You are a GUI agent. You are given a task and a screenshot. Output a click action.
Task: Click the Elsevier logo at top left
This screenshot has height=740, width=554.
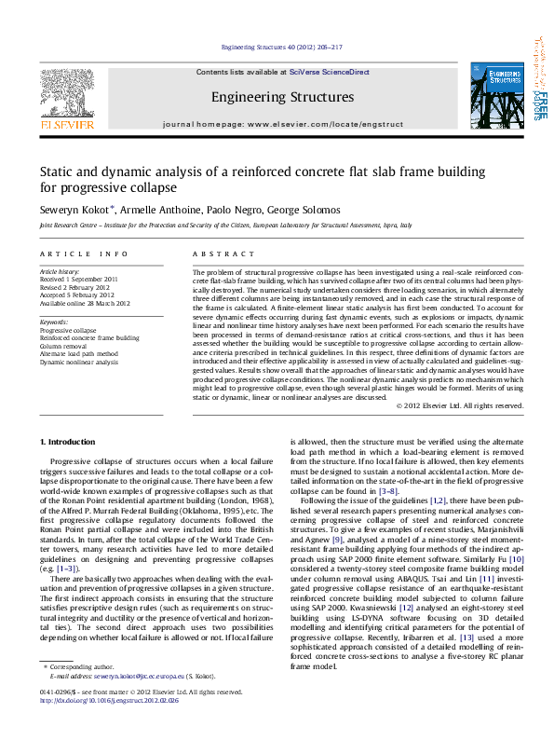tap(64, 97)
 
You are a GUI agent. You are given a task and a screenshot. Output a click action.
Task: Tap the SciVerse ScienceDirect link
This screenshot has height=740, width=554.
tap(329, 72)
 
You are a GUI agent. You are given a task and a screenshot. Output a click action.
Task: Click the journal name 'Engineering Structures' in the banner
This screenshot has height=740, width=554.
tap(282, 97)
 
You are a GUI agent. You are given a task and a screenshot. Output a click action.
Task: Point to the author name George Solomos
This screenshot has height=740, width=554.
tap(310, 210)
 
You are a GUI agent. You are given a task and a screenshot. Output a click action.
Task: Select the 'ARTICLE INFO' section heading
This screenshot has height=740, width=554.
tap(84, 254)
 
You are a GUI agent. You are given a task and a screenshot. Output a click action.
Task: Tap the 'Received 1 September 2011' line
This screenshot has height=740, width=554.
tap(78, 279)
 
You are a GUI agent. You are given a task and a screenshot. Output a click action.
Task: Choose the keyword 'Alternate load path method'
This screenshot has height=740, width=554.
tap(79, 353)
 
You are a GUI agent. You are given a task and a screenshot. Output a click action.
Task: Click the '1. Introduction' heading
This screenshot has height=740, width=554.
tap(70, 441)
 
